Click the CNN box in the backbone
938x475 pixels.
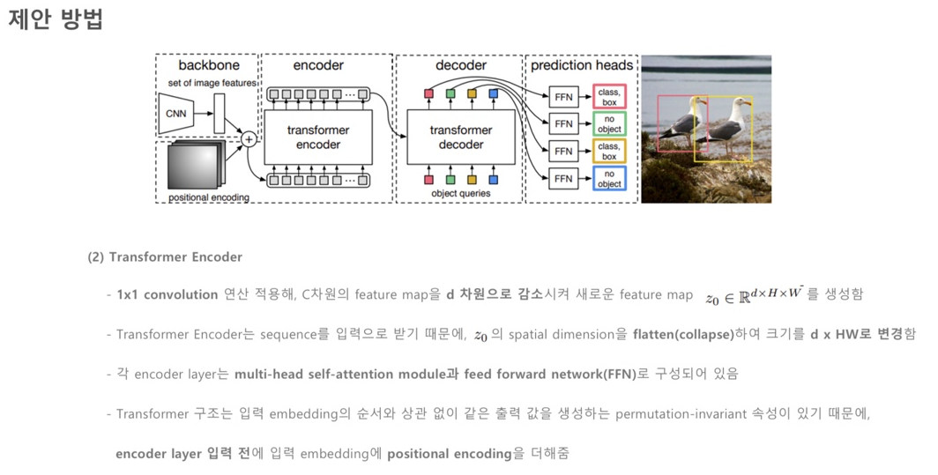[x=176, y=114]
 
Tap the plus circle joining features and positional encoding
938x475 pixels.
[x=249, y=139]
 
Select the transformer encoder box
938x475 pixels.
[x=318, y=137]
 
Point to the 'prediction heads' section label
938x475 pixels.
[x=582, y=65]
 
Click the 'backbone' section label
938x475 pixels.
[x=208, y=65]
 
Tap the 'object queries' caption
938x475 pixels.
[x=460, y=193]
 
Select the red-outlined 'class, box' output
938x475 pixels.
[x=609, y=96]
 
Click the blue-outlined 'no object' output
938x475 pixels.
[x=609, y=179]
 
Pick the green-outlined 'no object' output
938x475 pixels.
[x=609, y=123]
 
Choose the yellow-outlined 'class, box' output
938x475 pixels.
[x=609, y=151]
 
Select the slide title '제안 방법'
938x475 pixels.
[x=55, y=20]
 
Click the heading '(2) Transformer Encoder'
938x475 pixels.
[x=164, y=256]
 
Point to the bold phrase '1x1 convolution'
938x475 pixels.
[x=167, y=294]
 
